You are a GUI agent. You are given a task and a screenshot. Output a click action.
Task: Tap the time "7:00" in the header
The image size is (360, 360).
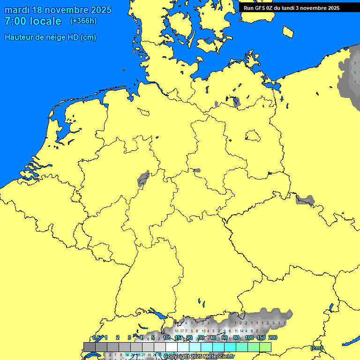pyautogui.click(x=15, y=21)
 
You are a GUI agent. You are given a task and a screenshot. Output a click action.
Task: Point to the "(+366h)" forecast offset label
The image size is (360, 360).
pyautogui.click(x=83, y=21)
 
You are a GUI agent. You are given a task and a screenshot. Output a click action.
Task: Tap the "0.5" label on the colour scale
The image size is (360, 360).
pyautogui.click(x=97, y=337)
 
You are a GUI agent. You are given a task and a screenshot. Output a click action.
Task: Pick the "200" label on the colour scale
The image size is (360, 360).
pyautogui.click(x=273, y=337)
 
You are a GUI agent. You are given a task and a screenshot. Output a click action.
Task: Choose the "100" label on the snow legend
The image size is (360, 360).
pyautogui.click(x=249, y=337)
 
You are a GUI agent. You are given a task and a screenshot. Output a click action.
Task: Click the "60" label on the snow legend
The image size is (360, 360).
pyautogui.click(x=225, y=337)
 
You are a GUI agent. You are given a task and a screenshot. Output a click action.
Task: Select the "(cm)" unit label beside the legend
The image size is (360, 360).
pyautogui.click(x=316, y=348)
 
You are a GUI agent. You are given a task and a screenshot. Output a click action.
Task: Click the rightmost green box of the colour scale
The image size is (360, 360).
pyautogui.click(x=265, y=346)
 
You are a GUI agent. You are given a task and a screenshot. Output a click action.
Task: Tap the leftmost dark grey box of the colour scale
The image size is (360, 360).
pyautogui.click(x=90, y=346)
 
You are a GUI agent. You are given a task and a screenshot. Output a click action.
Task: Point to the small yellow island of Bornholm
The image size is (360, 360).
pyautogui.click(x=288, y=31)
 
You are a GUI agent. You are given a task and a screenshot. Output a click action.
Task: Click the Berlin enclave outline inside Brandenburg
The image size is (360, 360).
pyautogui.click(x=253, y=136)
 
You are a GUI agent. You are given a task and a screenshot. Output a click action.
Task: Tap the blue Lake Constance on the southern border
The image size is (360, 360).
pyautogui.click(x=157, y=315)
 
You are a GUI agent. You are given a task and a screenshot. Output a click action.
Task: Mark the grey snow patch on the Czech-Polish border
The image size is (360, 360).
pyautogui.click(x=305, y=200)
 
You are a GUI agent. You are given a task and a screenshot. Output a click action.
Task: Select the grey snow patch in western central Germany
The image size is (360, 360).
pyautogui.click(x=143, y=179)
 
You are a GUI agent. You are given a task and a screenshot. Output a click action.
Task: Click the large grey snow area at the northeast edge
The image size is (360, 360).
pyautogui.click(x=350, y=75)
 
